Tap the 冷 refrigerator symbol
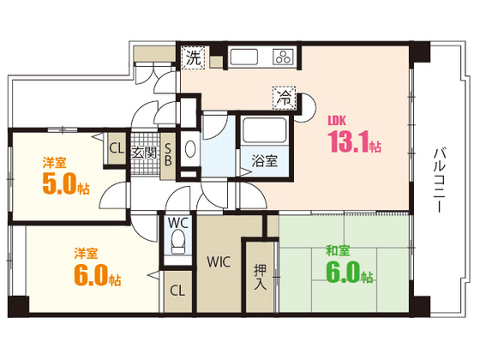pos(282,98)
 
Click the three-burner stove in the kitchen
pos(282,57)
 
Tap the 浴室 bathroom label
pos(264,160)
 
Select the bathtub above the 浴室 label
pos(264,132)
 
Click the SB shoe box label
pos(168,153)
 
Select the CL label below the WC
pos(177,291)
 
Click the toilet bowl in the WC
pos(177,246)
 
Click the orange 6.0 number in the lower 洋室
pos(87,276)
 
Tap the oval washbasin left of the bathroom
pos(189,147)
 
